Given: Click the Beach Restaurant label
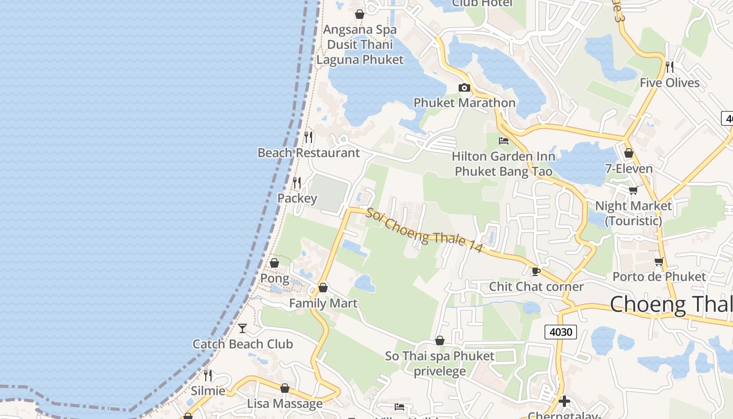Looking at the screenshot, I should click(x=308, y=153).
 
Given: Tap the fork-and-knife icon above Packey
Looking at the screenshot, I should click(x=297, y=182).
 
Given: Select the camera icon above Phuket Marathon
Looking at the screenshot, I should click(x=464, y=87).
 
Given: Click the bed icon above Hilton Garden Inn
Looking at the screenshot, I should click(x=503, y=140).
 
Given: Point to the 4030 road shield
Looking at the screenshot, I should click(x=560, y=332).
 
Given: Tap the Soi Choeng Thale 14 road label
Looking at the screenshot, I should click(x=424, y=230).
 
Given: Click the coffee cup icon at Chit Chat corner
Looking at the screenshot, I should click(x=535, y=271).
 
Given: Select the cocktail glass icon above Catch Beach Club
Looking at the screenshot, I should click(x=242, y=328).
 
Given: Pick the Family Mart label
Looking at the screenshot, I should click(x=323, y=303).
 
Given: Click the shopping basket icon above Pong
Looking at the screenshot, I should click(x=274, y=263).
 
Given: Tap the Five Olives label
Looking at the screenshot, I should click(x=669, y=83).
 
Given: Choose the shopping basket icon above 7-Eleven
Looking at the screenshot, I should click(x=628, y=153).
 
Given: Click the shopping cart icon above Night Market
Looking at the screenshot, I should click(x=633, y=190).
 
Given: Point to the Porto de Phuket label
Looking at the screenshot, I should click(x=659, y=277).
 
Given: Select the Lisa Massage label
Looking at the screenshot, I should click(x=285, y=404).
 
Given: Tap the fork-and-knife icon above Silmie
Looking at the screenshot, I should click(x=208, y=375).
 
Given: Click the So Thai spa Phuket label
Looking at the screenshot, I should click(x=440, y=356).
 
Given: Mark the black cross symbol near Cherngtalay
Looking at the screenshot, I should click(x=564, y=402).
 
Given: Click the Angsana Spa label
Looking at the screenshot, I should click(x=360, y=30).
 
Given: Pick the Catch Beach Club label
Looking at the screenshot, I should click(x=242, y=344).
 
